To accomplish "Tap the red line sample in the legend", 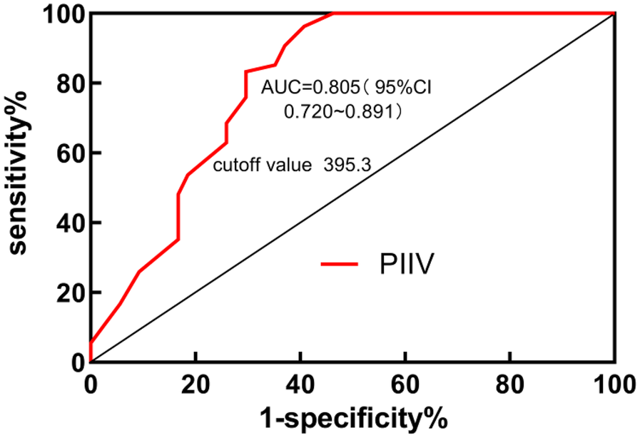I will tap(340, 264).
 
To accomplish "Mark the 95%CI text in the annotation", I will tap(405, 88).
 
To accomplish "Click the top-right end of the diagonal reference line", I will tap(614, 14).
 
